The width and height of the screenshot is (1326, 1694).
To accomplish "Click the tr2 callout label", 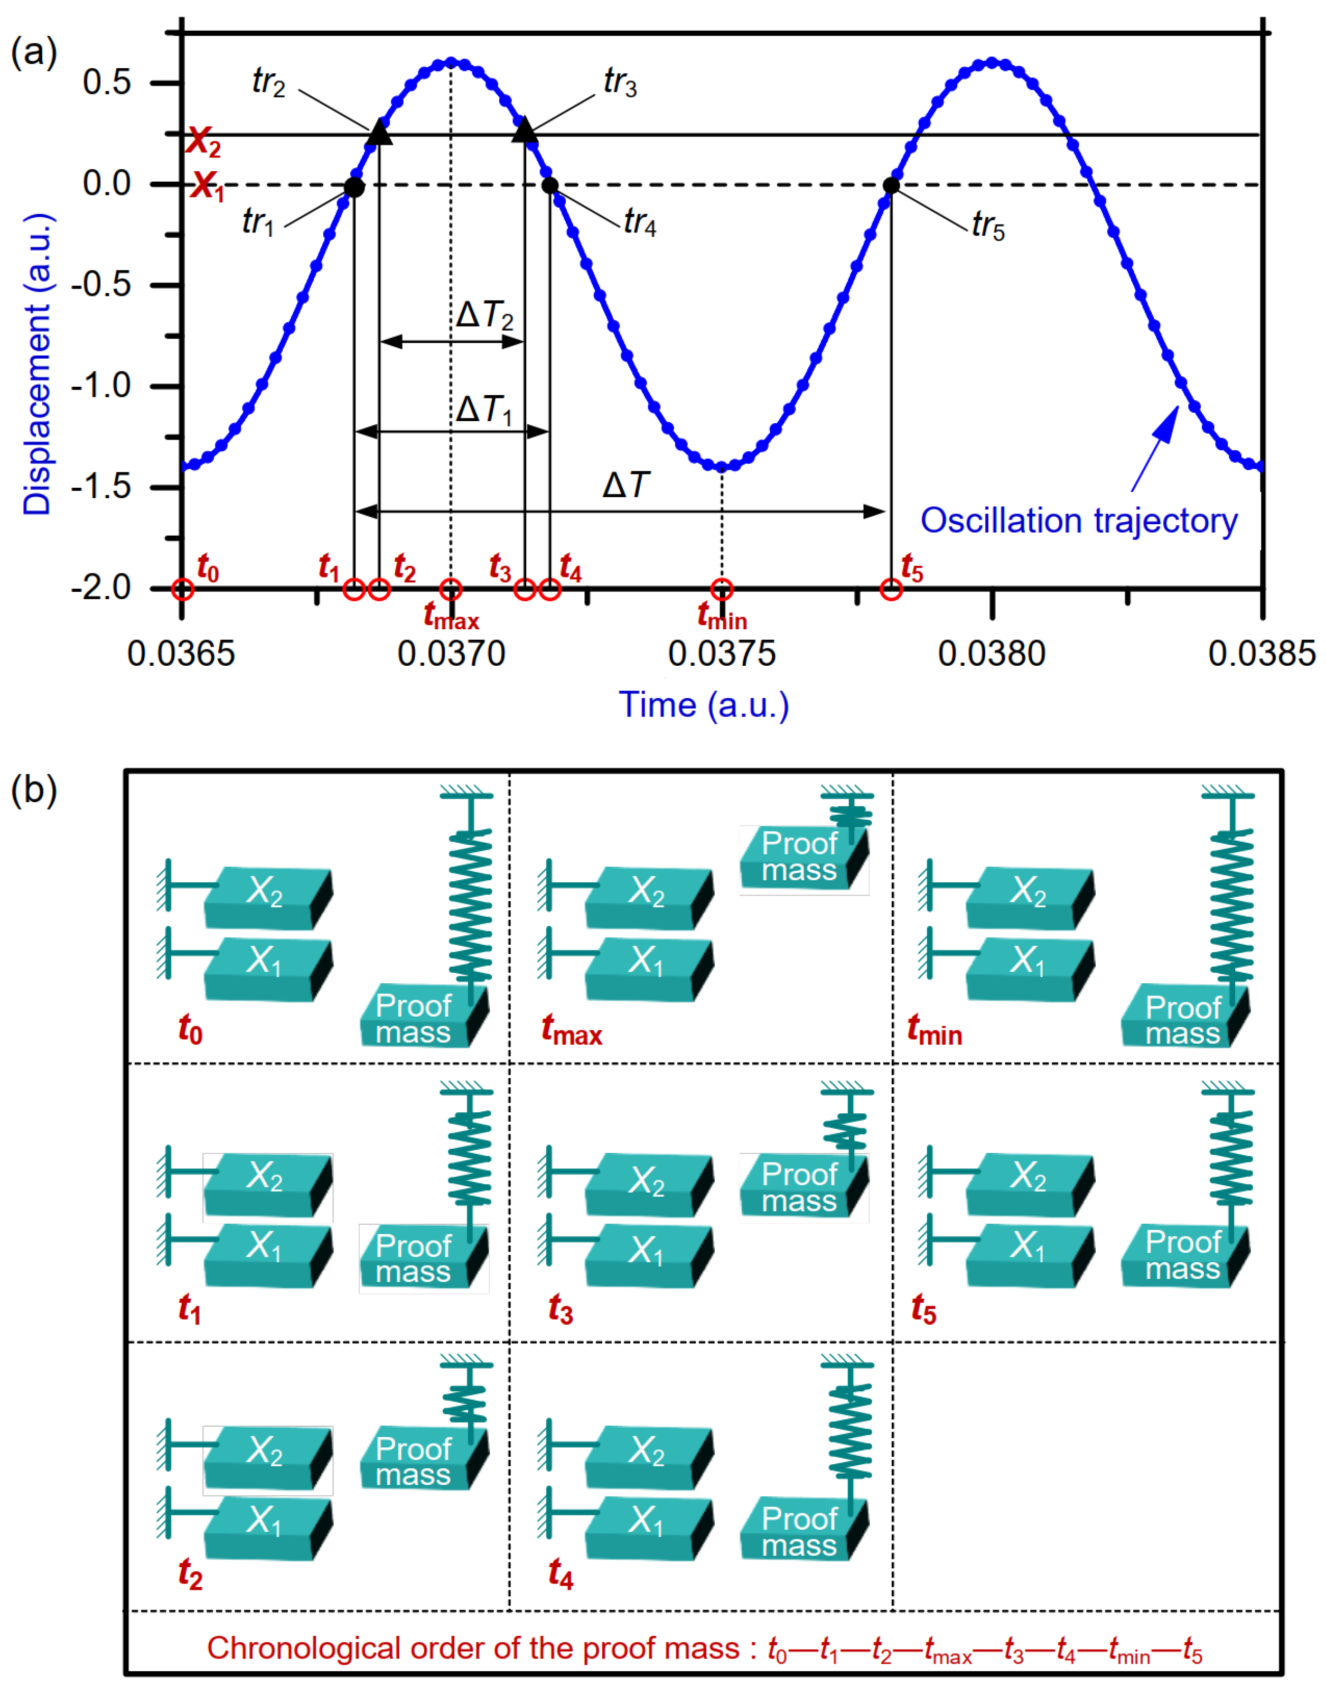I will (x=268, y=81).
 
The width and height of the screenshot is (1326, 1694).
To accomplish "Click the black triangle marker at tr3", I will (x=525, y=129).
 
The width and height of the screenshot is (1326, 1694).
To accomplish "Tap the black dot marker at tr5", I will (x=891, y=185).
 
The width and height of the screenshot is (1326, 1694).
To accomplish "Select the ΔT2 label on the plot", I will (x=485, y=316).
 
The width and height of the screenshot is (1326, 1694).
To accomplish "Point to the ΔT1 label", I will (x=484, y=409).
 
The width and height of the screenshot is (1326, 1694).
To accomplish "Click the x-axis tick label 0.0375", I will (x=722, y=654).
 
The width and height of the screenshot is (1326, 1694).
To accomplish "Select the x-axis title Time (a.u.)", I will (x=703, y=705).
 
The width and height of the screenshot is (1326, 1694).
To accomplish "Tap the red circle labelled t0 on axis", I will (x=182, y=589).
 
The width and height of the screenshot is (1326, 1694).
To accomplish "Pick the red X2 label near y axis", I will (x=204, y=141).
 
